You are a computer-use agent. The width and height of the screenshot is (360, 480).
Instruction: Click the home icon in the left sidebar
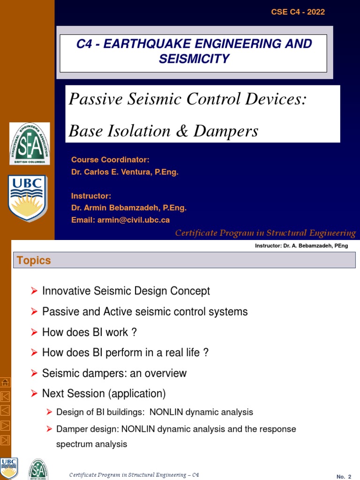point(5,382)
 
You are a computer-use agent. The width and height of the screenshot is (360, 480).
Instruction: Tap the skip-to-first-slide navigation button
point(5,397)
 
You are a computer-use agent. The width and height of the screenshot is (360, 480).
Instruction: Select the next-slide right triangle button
point(5,425)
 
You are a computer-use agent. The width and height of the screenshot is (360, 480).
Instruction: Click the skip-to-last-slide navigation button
point(5,440)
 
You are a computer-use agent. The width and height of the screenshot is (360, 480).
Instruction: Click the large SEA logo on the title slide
point(30,143)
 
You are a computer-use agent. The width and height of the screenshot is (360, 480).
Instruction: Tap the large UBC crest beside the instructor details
point(28,198)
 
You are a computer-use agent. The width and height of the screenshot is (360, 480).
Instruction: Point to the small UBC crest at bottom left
point(9,468)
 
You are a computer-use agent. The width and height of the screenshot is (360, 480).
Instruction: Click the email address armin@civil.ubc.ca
point(120,220)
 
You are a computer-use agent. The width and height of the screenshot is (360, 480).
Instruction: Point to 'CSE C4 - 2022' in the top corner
point(298,12)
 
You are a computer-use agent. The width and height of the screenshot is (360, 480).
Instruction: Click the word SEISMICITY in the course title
point(194,59)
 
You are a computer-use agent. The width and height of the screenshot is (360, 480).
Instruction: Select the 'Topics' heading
point(34,261)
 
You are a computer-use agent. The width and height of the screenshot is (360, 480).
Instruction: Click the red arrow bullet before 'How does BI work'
point(34,332)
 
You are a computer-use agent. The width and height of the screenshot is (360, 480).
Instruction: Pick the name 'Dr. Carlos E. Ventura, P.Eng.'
point(125,172)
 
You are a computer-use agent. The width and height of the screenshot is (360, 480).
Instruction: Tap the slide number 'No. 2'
point(344,476)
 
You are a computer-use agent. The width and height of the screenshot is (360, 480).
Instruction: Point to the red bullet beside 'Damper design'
point(49,429)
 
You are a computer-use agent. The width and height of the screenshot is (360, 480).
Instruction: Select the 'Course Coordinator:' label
point(110,160)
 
